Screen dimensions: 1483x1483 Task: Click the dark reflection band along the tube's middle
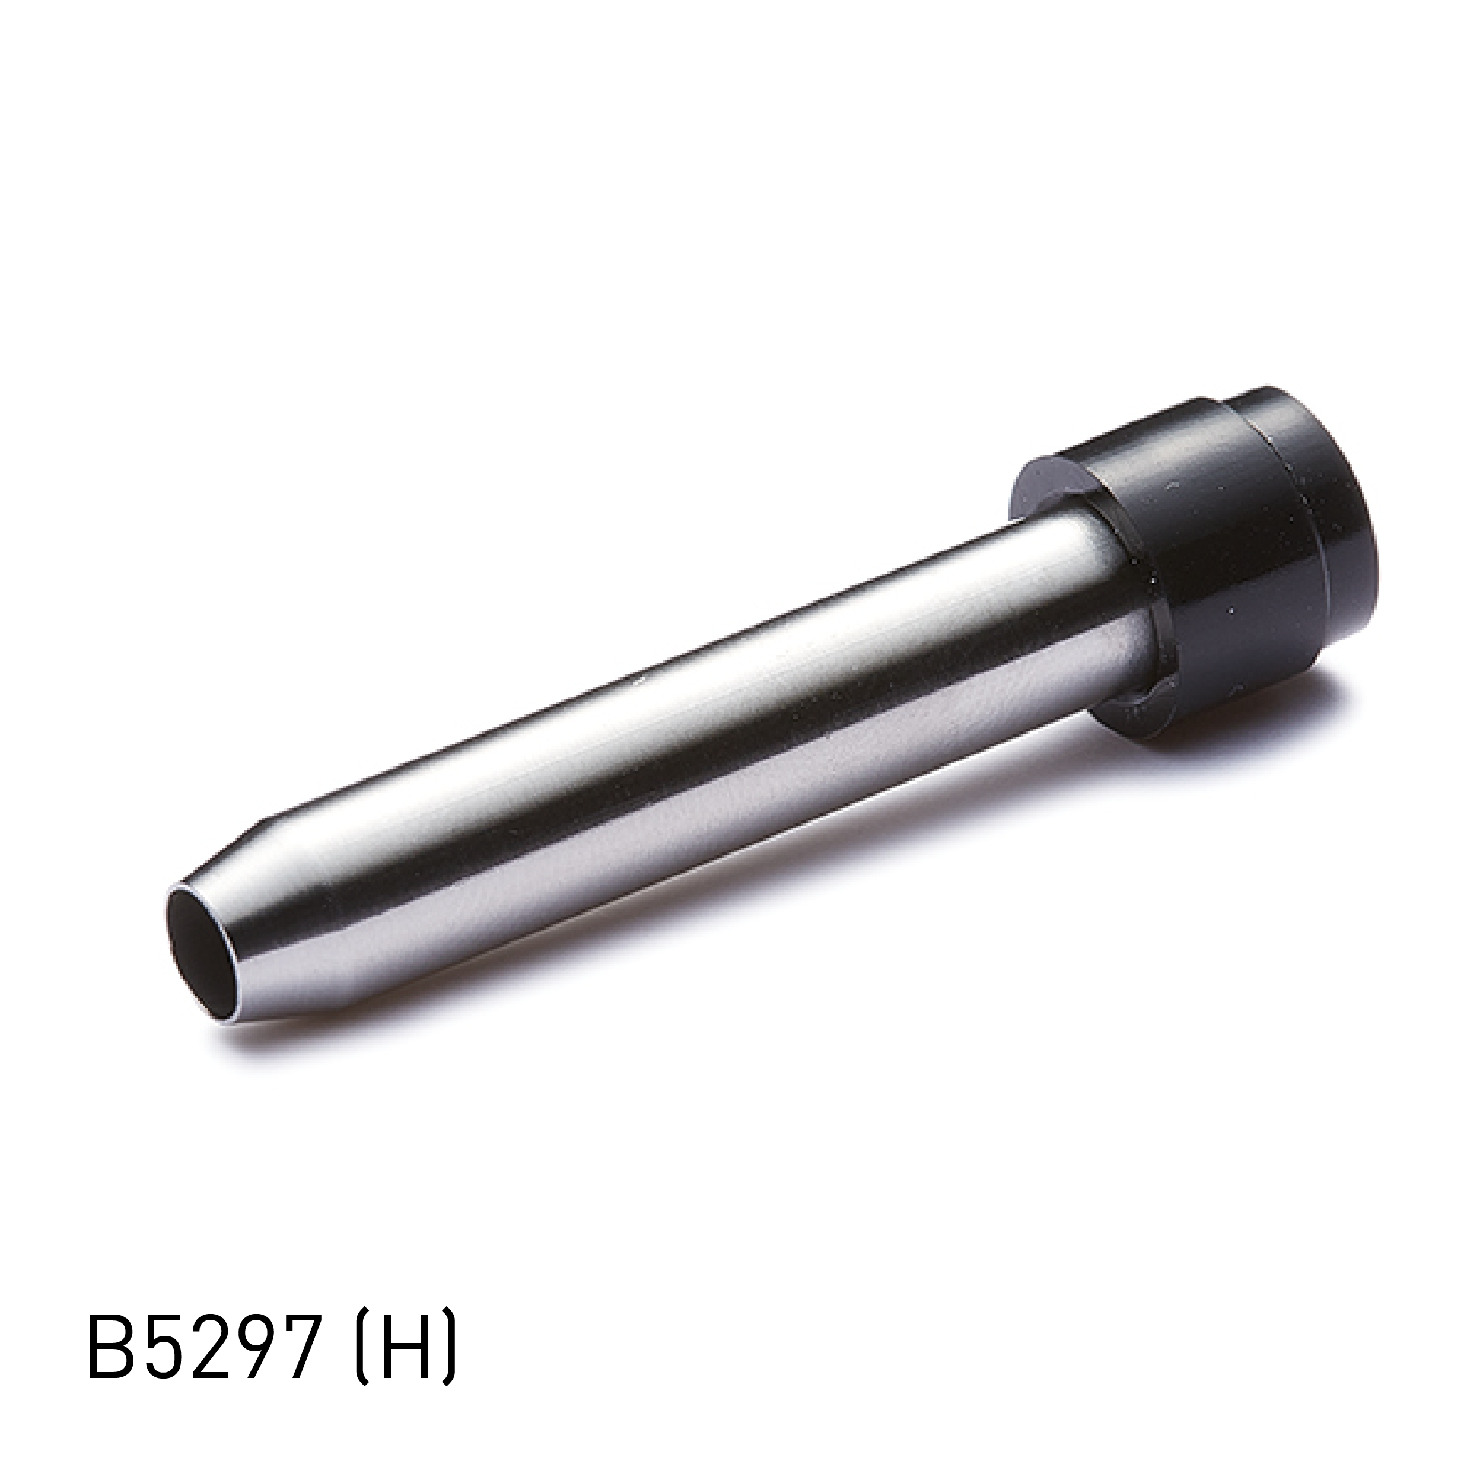pos(691,760)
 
